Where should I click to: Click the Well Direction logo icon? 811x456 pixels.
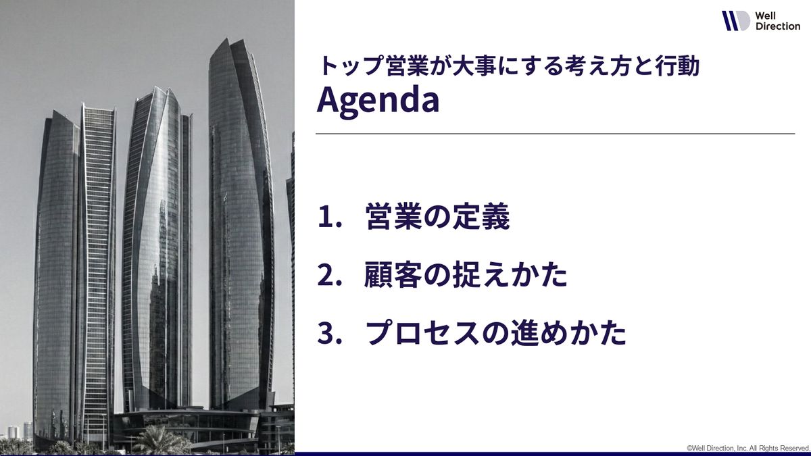[736, 21]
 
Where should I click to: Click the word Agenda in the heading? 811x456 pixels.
[378, 100]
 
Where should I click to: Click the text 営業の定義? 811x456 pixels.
[438, 216]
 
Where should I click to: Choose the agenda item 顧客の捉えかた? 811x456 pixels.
[466, 274]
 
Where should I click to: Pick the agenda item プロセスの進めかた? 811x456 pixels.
[495, 332]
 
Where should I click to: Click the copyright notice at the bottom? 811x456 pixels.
[747, 448]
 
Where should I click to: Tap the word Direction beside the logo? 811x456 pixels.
[778, 26]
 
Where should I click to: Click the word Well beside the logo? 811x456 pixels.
[765, 16]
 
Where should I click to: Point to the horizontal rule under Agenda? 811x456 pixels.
[555, 134]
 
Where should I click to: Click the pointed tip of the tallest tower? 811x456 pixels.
[226, 39]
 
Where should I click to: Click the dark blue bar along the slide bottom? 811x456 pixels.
[553, 454]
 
